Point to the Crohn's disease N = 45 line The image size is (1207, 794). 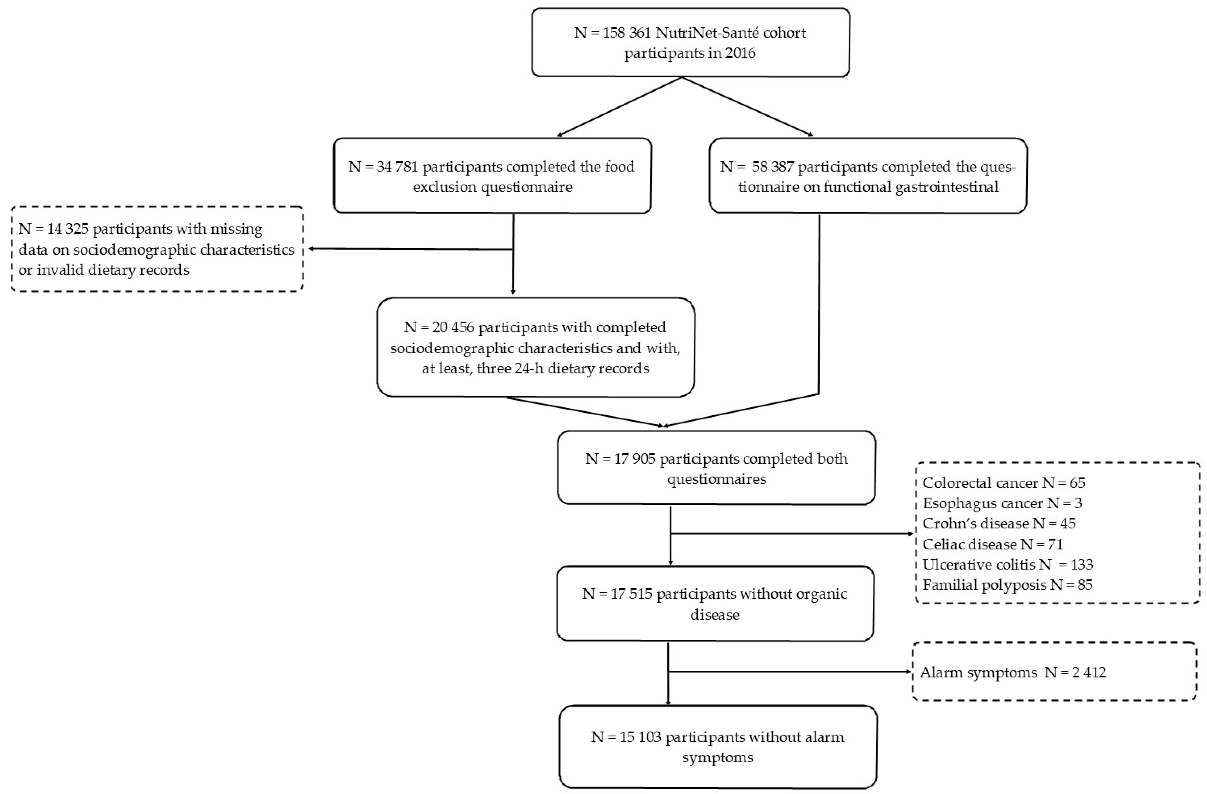coord(998,523)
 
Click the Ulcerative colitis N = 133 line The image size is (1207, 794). coord(1008,565)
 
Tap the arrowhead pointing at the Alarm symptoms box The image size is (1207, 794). coord(909,672)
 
